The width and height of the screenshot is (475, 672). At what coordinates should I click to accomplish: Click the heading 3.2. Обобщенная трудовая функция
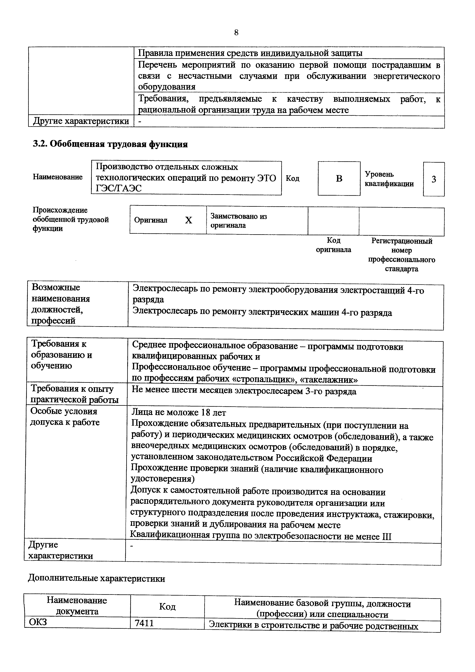(x=110, y=144)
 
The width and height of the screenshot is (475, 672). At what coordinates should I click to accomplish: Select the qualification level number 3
(x=434, y=179)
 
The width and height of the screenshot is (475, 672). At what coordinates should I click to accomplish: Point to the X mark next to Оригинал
(x=189, y=220)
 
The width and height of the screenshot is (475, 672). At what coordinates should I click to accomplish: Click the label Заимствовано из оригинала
(x=239, y=221)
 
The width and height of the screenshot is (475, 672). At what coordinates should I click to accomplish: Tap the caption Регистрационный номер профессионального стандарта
(x=402, y=255)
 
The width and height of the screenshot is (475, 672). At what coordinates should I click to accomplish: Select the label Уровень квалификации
(x=389, y=179)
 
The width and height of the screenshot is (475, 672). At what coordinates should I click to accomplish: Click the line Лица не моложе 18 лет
(x=179, y=412)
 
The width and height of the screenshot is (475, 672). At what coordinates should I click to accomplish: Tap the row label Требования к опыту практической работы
(x=74, y=394)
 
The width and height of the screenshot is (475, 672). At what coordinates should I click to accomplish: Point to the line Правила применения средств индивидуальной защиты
(x=250, y=53)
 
